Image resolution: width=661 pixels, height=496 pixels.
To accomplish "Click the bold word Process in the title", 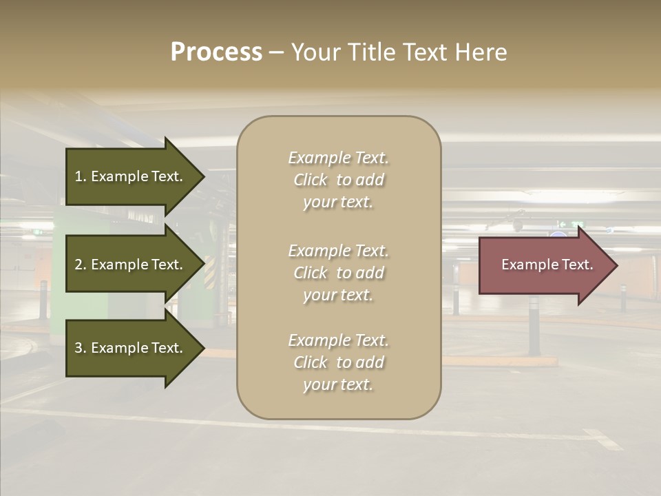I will pos(216,52).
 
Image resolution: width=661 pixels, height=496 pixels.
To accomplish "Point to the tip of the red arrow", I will pos(616,265).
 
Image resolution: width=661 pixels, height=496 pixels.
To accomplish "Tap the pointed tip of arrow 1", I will pos(203,176).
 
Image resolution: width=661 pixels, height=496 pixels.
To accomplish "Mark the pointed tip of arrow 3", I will pos(203,348).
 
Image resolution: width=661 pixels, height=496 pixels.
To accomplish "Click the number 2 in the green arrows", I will pos(78,265).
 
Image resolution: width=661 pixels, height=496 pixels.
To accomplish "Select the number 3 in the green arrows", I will pos(78,348).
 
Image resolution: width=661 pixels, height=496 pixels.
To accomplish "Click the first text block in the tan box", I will pos(338,180).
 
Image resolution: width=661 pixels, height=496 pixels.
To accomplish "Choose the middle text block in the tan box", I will pos(338,273).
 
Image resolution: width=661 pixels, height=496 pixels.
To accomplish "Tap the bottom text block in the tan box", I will pos(338,362).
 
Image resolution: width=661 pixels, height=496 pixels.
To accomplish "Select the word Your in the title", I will pos(314,52).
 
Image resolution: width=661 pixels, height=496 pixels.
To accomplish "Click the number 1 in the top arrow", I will pos(78,176).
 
